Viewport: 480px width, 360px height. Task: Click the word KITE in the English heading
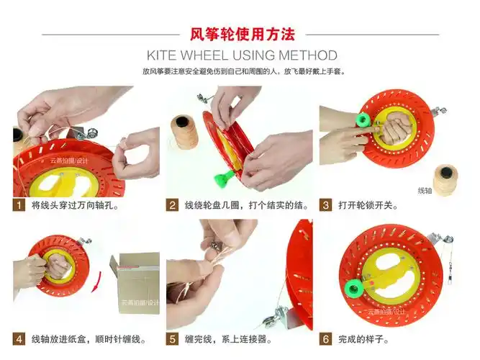click(163, 55)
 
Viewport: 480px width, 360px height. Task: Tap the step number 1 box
click(19, 205)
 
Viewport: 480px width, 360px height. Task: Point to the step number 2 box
click(173, 205)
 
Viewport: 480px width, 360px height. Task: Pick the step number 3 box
click(325, 205)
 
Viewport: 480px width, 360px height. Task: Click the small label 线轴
click(425, 191)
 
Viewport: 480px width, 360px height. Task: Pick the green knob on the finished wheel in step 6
click(353, 289)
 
